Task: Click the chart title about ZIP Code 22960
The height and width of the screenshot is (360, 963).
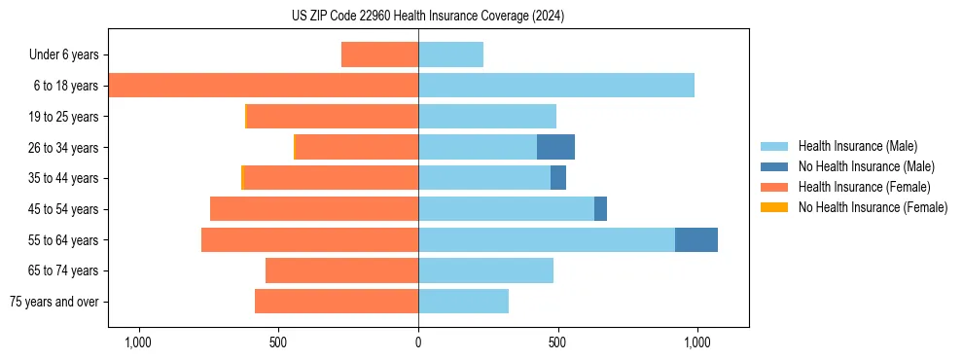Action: pyautogui.click(x=428, y=17)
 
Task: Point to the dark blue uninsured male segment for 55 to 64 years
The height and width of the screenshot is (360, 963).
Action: pyautogui.click(x=696, y=239)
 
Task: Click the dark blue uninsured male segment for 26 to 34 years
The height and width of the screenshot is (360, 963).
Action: pyautogui.click(x=555, y=147)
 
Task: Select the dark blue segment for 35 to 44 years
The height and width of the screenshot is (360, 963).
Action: pyautogui.click(x=558, y=178)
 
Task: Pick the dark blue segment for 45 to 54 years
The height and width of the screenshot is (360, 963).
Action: pyautogui.click(x=600, y=209)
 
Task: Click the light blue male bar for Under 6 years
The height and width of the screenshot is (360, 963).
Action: pyautogui.click(x=450, y=54)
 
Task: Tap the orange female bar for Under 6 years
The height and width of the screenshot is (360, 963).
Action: pyautogui.click(x=380, y=54)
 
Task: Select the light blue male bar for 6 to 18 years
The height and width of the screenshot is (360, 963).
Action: pyautogui.click(x=556, y=86)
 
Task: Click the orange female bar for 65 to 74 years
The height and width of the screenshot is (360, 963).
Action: pyautogui.click(x=341, y=270)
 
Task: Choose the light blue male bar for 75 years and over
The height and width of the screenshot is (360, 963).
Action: pyautogui.click(x=463, y=302)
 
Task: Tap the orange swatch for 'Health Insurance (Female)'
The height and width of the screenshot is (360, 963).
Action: pyautogui.click(x=774, y=188)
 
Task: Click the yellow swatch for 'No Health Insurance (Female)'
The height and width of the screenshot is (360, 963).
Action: pyautogui.click(x=774, y=207)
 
